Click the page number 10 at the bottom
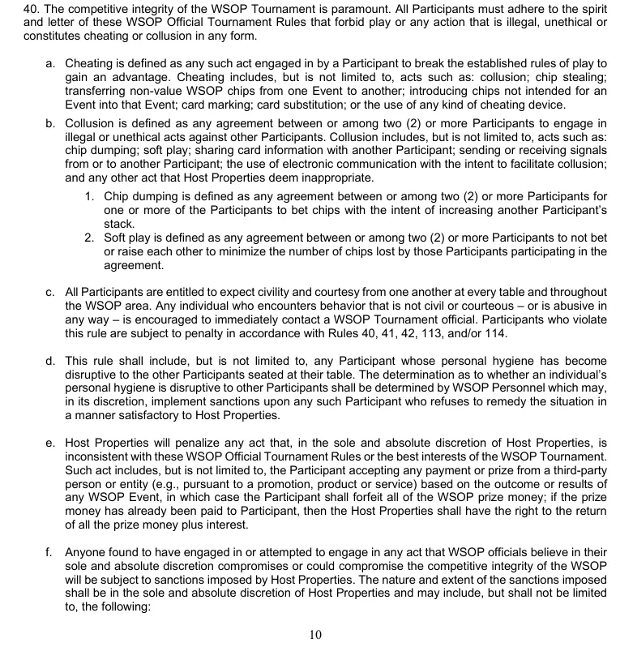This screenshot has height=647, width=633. point(316,634)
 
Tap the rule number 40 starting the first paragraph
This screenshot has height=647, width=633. point(10,8)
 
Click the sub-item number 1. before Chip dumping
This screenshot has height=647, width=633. point(90,197)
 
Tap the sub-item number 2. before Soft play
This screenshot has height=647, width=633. point(90,238)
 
